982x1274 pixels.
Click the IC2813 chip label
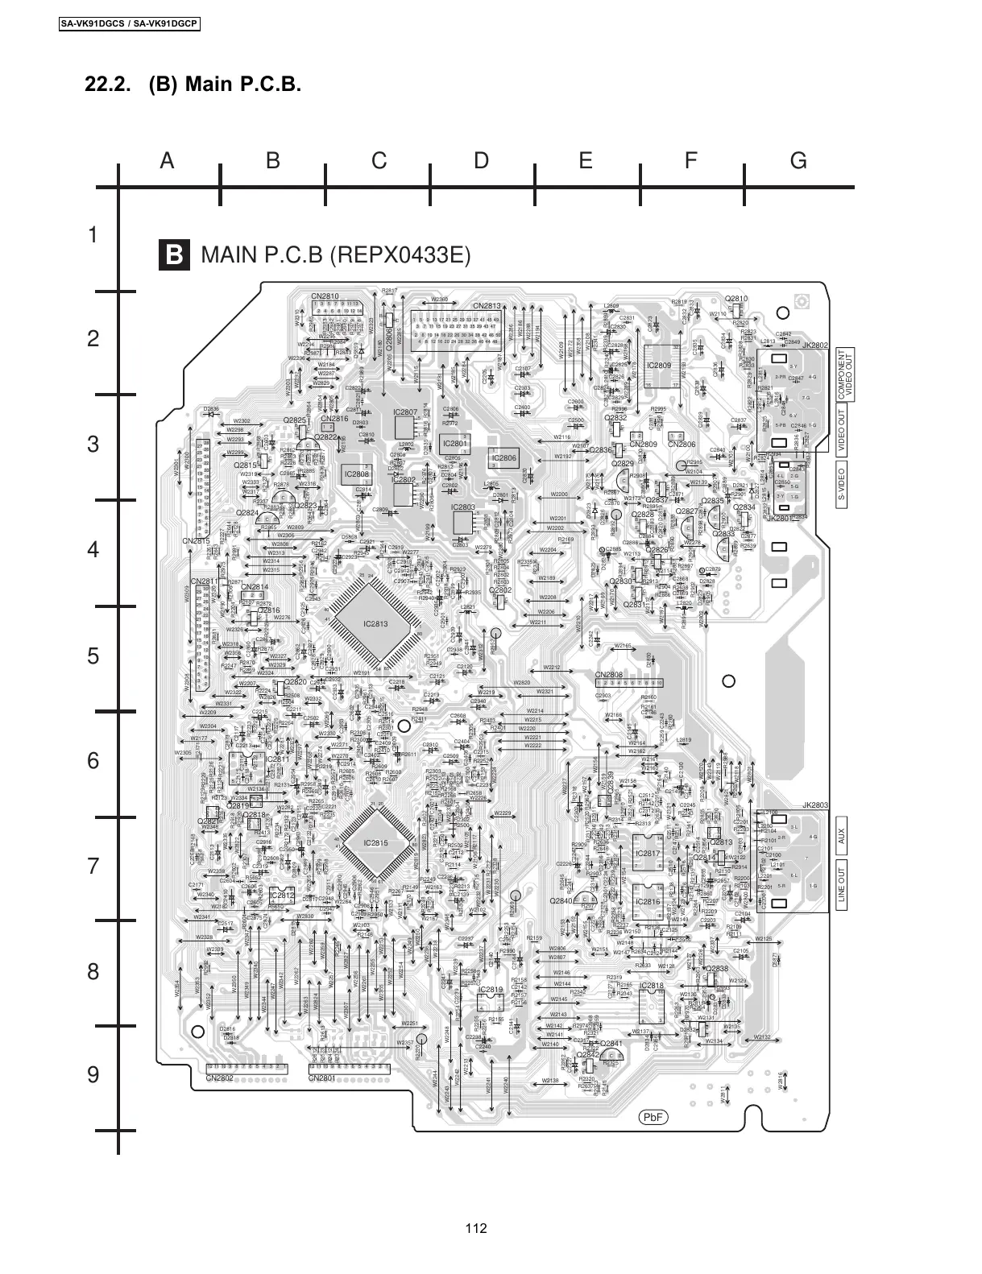point(375,624)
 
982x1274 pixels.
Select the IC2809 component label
point(659,366)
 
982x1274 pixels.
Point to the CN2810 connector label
point(325,297)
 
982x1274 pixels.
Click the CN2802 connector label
point(219,1078)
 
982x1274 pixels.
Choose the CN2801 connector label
point(321,1078)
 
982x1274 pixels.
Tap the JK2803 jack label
point(814,805)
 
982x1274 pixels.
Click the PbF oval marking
point(653,1118)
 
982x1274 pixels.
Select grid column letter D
point(481,161)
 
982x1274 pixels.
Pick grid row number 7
point(93,867)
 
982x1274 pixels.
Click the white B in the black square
point(174,255)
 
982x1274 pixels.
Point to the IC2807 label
point(405,412)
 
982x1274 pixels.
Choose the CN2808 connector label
point(609,675)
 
